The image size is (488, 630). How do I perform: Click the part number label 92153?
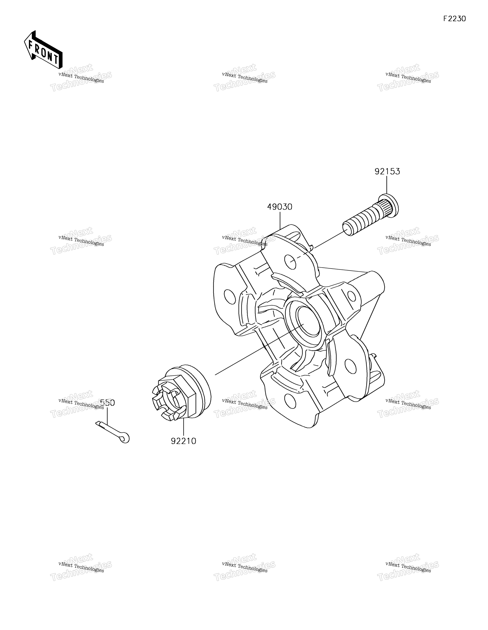tap(387, 172)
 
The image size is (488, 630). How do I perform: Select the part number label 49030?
tap(280, 207)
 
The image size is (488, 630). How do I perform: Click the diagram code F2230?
tap(454, 19)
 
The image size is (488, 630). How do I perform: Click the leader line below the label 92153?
tap(387, 185)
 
